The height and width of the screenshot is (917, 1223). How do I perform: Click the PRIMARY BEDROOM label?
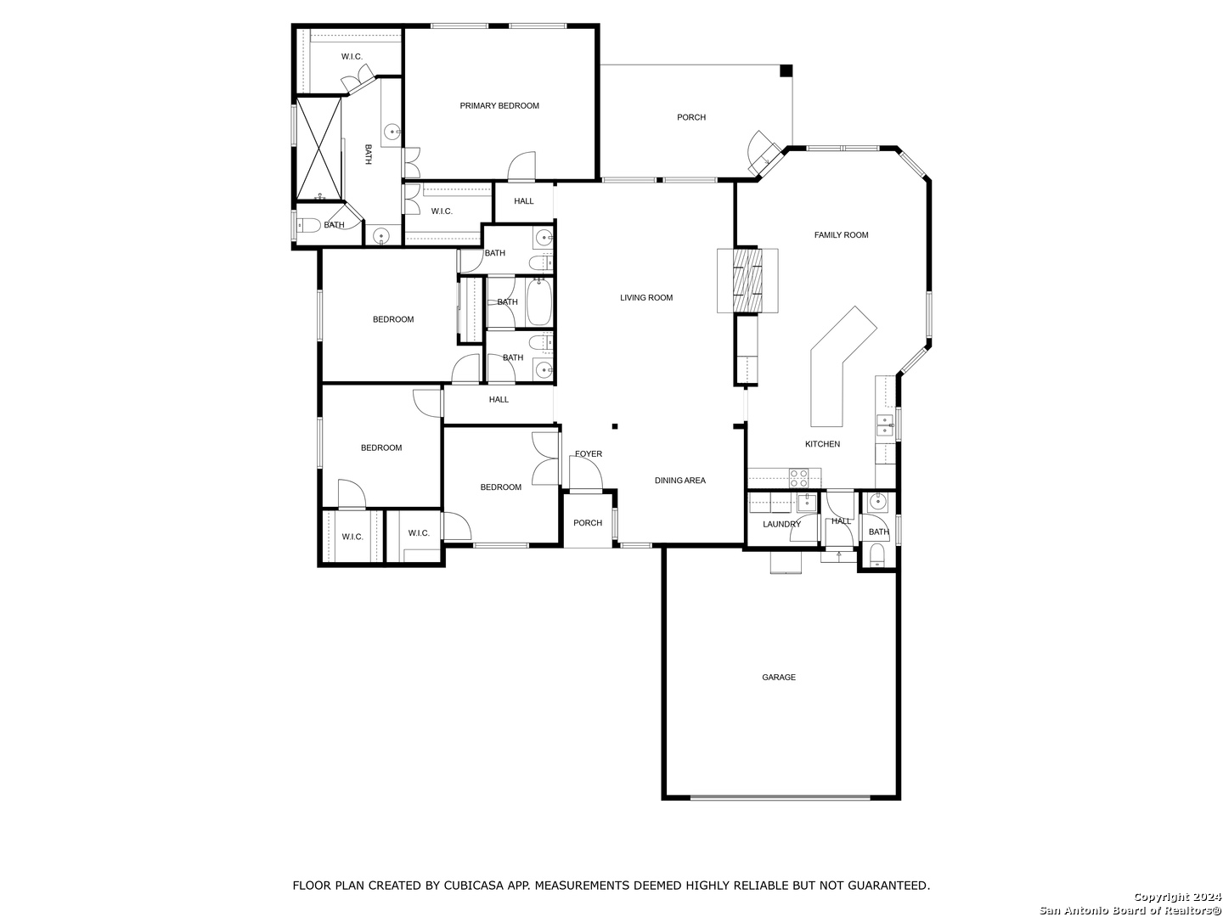(x=499, y=106)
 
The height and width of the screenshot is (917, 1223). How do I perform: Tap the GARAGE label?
(x=778, y=677)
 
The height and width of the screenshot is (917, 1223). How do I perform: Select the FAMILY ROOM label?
(x=841, y=235)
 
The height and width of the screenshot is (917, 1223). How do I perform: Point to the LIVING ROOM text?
(x=645, y=298)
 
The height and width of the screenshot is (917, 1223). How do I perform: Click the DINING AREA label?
(x=679, y=481)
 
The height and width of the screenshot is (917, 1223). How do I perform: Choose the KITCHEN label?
(x=822, y=444)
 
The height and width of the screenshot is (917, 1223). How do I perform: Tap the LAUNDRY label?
(x=781, y=525)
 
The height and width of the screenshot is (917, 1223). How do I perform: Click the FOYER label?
(x=588, y=454)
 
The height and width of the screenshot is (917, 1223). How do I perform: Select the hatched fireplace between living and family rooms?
(x=747, y=280)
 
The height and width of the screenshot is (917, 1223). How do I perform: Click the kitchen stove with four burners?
(x=798, y=478)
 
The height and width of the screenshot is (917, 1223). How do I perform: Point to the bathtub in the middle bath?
(x=538, y=302)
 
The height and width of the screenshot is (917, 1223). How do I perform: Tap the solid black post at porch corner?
(x=786, y=70)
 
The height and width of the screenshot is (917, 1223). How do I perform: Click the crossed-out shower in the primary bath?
(x=318, y=148)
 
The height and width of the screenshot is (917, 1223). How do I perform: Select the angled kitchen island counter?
(x=843, y=366)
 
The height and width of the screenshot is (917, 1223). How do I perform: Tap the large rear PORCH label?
(x=690, y=117)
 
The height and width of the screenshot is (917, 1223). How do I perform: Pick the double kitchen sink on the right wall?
(x=885, y=425)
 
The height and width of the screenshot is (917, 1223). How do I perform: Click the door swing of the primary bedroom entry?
(x=521, y=166)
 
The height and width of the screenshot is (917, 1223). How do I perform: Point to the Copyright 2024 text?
(x=1177, y=897)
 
